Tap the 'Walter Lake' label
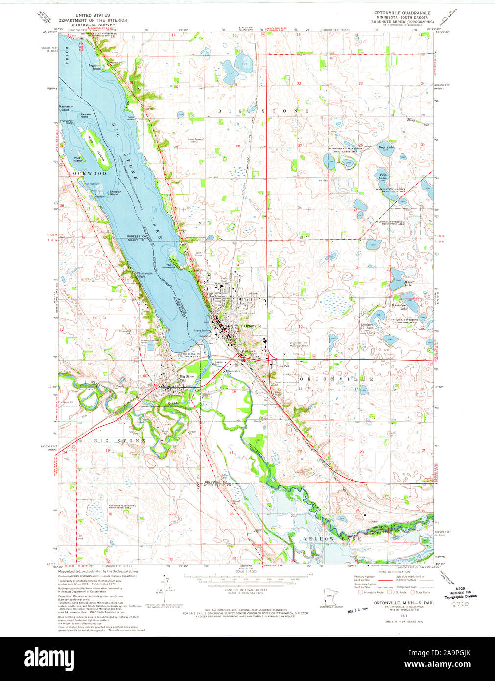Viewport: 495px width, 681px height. click(x=409, y=283)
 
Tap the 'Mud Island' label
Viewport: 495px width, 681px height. click(x=77, y=159)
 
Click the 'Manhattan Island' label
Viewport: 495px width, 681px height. click(x=66, y=108)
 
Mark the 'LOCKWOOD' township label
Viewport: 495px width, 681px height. click(x=88, y=173)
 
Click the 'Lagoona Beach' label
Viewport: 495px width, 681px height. click(x=95, y=67)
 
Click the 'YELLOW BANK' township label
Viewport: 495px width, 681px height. click(x=332, y=539)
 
